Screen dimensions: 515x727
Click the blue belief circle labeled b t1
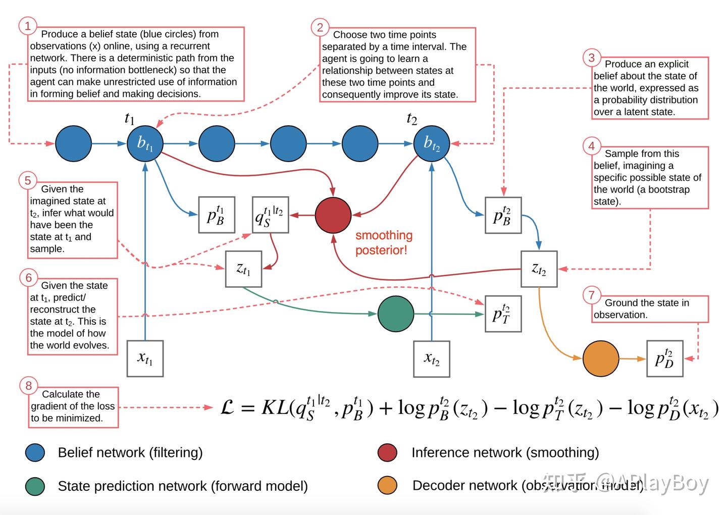click(145, 144)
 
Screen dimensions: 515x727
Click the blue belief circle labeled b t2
click(431, 144)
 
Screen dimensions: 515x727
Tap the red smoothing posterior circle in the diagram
click(333, 215)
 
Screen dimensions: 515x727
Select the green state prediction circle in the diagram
click(396, 314)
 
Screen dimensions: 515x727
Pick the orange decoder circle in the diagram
click(601, 359)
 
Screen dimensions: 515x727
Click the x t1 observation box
click(145, 359)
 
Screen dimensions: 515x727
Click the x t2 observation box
click(431, 359)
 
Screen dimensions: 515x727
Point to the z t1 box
click(243, 269)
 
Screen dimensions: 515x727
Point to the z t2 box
click(539, 269)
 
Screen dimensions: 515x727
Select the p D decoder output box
click(664, 359)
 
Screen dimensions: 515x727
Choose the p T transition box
click(503, 314)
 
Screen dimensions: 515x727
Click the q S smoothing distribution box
click(270, 215)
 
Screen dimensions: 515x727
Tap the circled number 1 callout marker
click(28, 26)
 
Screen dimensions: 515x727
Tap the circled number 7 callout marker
click(592, 295)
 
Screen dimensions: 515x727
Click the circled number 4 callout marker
click(592, 146)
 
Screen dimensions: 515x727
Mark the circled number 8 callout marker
click(28, 386)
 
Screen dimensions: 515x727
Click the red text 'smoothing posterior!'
click(384, 242)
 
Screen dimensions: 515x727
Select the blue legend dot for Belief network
click(35, 453)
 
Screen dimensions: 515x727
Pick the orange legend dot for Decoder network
click(387, 485)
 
